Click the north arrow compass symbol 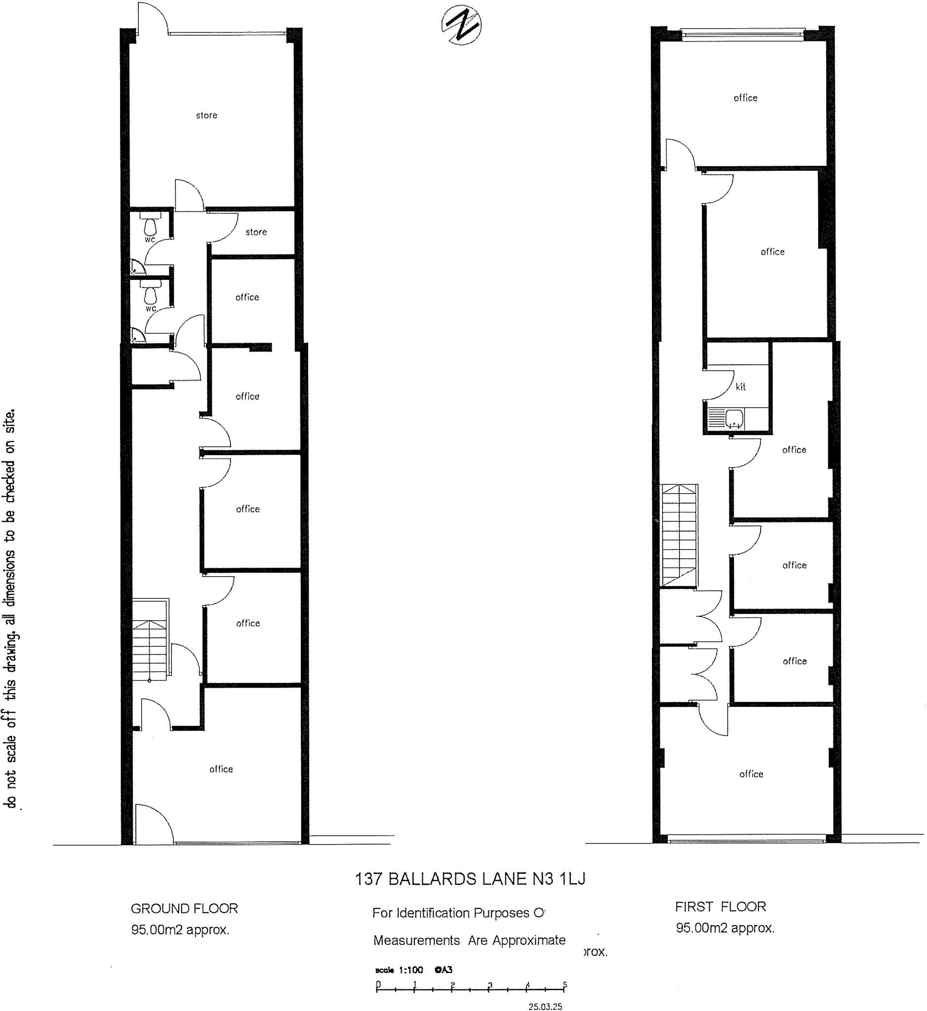pos(461,25)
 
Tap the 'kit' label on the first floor pos(740,387)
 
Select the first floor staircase pos(679,536)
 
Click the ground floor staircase pos(150,639)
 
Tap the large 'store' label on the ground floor pos(206,116)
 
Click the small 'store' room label pos(256,232)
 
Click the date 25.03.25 pos(545,1006)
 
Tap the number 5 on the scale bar pos(565,984)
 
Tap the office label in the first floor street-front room pos(751,775)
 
